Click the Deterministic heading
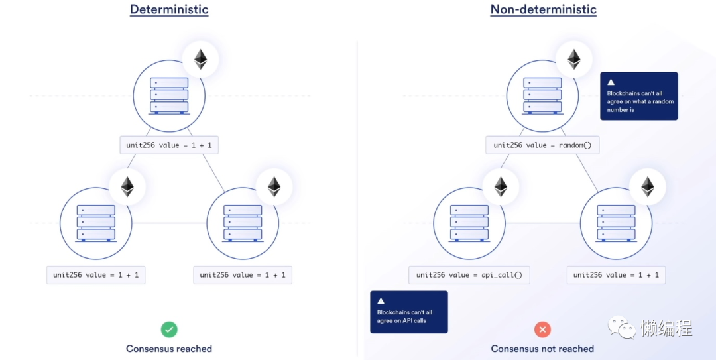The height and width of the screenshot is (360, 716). (169, 9)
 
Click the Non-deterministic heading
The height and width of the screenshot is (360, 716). (544, 9)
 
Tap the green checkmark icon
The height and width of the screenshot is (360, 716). (169, 330)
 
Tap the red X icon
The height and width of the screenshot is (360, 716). (542, 330)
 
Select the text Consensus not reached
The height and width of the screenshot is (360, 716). (542, 349)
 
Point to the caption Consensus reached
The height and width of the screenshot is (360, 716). (169, 349)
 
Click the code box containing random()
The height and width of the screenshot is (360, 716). (542, 145)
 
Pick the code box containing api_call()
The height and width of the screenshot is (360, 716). (469, 275)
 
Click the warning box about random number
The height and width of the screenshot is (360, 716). (639, 96)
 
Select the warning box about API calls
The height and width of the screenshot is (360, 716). (409, 312)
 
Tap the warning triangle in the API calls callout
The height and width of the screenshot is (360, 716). (381, 301)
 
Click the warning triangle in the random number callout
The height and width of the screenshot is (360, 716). (611, 82)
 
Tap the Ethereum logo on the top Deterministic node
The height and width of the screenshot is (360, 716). (200, 60)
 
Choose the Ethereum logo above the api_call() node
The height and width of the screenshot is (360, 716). (501, 186)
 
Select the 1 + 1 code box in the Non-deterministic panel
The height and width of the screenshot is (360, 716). (616, 275)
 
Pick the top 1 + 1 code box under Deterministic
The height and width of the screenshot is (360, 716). (169, 145)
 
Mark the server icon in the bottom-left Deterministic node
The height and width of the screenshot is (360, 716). (96, 223)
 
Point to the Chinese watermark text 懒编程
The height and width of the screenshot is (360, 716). (667, 327)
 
